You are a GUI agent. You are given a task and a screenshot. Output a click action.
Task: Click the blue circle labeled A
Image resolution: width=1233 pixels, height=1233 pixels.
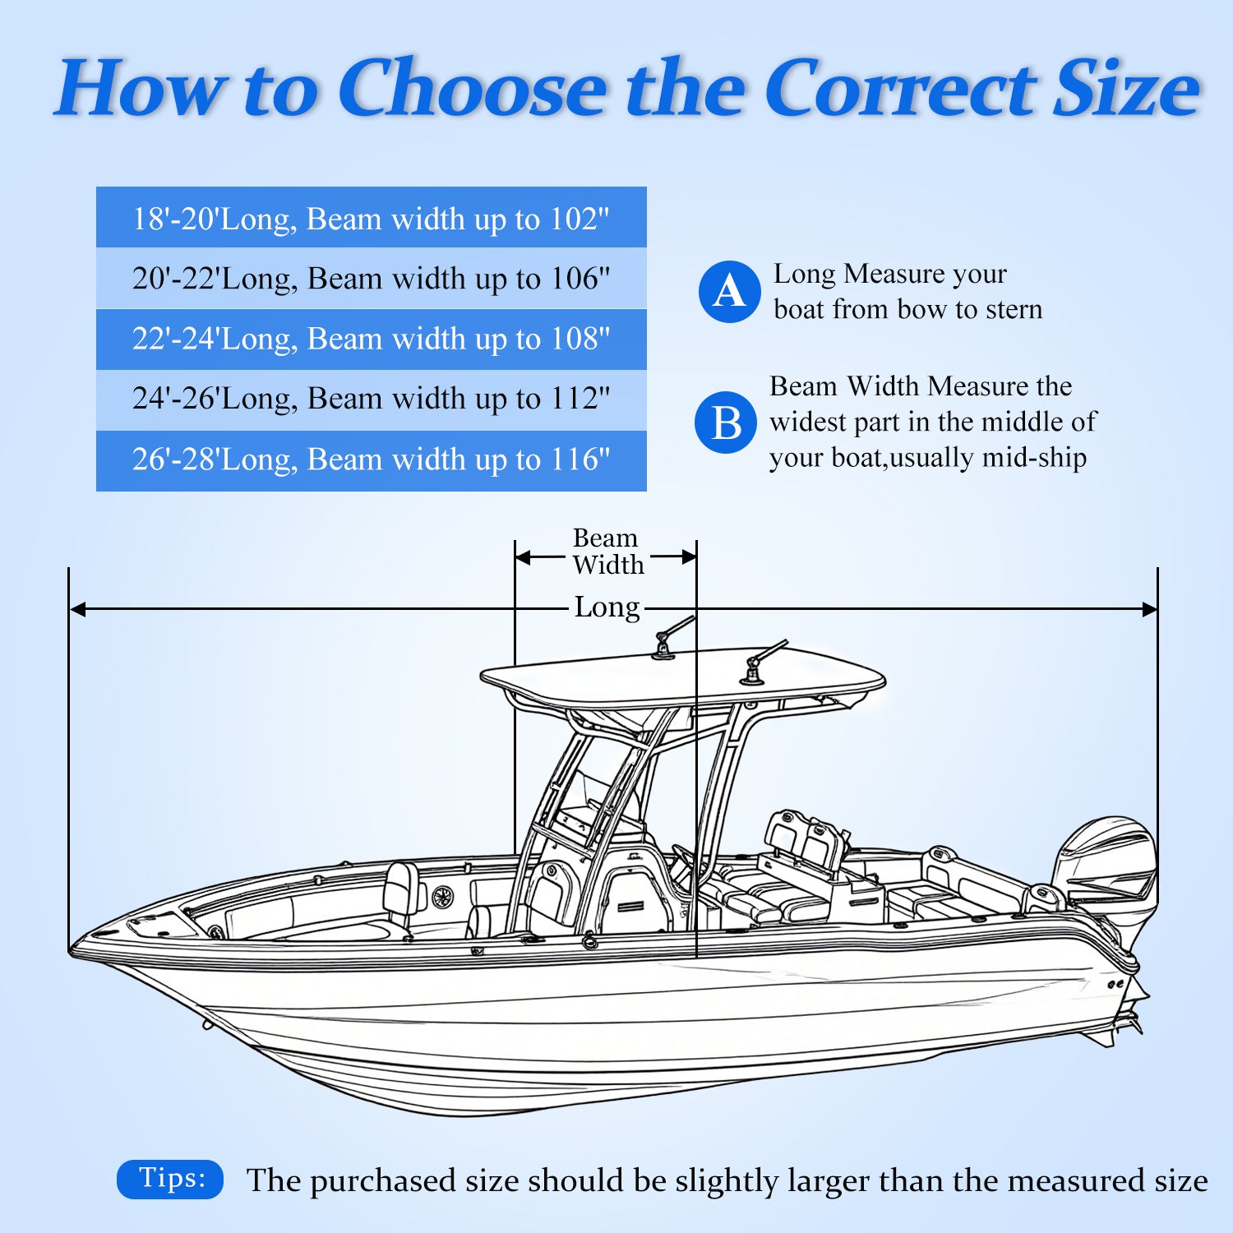pos(729,292)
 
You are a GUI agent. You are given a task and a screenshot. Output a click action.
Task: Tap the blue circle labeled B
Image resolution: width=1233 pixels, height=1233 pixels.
pos(725,423)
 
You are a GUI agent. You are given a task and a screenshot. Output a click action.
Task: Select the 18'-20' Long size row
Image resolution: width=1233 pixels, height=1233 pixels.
pos(371,219)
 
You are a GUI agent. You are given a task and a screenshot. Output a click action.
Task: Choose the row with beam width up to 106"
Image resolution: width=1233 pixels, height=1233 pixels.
pos(371,279)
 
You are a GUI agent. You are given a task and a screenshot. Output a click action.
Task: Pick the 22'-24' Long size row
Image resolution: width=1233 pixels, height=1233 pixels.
pos(371,339)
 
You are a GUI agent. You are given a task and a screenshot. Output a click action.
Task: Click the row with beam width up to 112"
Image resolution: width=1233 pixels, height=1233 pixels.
pos(371,399)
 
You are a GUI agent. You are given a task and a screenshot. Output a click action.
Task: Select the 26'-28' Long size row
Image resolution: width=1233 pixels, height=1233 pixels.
pos(371,459)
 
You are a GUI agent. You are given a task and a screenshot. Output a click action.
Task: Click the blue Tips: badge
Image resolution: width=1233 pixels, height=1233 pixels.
pos(170,1179)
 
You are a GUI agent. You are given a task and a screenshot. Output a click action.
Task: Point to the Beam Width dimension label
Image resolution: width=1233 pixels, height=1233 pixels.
pos(607,552)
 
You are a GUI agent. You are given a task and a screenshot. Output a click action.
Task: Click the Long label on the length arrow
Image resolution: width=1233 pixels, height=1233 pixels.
pos(607,607)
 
